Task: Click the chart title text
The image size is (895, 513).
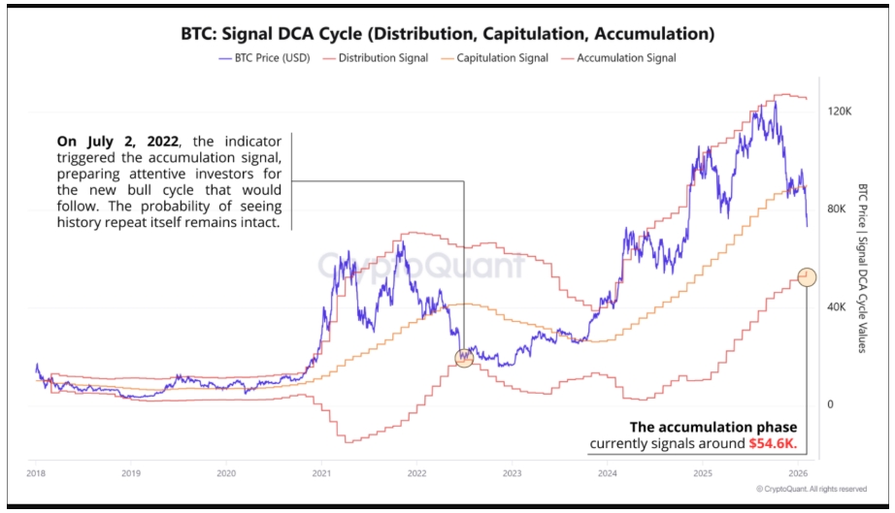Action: (447, 34)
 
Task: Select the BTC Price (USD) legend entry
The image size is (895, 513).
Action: (264, 58)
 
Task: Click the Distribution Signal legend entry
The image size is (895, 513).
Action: (375, 58)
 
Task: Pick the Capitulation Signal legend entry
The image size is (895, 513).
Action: (494, 58)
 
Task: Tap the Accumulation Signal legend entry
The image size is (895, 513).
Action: (618, 58)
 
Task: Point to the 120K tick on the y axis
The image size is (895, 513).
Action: (839, 112)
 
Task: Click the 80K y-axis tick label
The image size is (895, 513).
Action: (836, 209)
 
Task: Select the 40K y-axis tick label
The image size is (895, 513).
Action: (836, 307)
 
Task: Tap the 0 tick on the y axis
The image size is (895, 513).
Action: (831, 404)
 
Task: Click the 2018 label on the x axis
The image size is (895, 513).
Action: (35, 473)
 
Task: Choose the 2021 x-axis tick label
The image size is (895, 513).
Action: (321, 473)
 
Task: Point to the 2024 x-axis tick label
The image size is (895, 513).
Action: (608, 473)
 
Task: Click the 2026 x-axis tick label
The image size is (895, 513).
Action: (798, 473)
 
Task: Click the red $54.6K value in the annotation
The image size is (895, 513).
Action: (773, 443)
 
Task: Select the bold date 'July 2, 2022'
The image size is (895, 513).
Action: (117, 142)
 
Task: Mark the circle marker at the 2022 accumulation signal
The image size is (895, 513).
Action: (464, 358)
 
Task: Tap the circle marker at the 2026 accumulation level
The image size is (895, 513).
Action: (807, 277)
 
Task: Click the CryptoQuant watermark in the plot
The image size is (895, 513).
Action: (420, 265)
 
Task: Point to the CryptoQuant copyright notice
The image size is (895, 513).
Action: (812, 489)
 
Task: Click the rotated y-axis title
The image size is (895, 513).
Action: (862, 268)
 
